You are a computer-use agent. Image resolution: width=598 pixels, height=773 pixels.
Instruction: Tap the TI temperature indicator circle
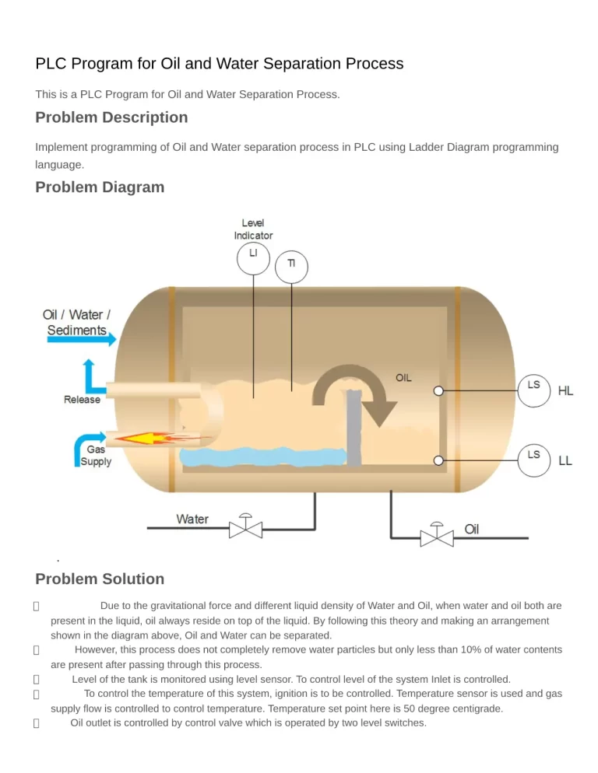coord(291,266)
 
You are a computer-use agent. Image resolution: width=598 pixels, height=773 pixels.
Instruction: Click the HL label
coord(565,391)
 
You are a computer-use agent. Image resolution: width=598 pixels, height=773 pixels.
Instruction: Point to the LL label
coord(565,460)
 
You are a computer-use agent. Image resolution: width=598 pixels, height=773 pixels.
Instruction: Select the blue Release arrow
coord(92,376)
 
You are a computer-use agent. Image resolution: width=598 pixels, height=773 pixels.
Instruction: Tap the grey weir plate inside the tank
coord(354,428)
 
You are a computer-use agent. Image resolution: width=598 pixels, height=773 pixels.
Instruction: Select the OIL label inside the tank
coord(403,378)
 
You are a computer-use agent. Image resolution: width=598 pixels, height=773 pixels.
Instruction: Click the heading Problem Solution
coord(100,579)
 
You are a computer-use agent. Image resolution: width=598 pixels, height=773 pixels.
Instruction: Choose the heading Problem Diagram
coord(100,187)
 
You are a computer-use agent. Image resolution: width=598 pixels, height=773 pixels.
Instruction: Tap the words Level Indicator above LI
coord(253,229)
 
